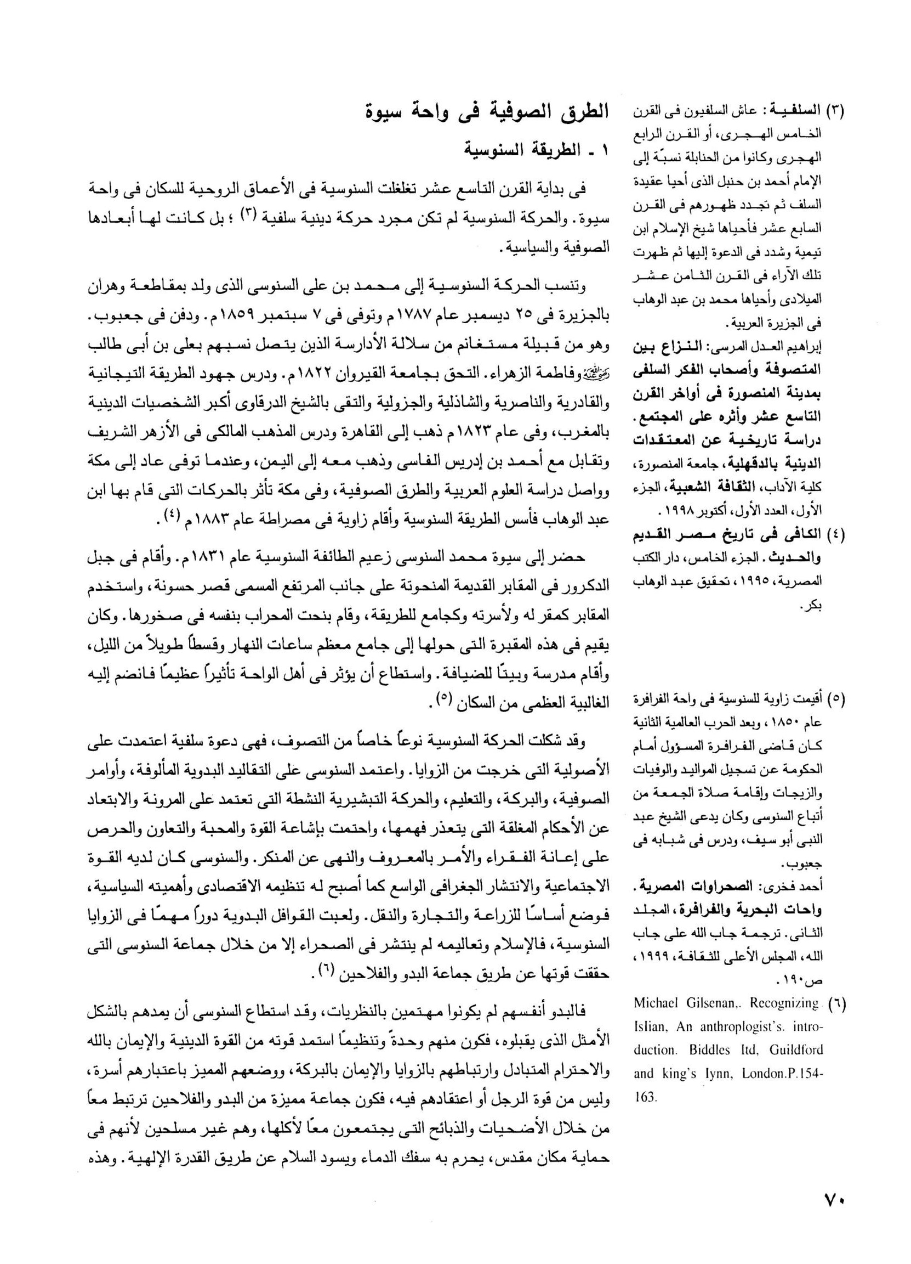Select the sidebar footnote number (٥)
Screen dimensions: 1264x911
[x=836, y=699]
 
